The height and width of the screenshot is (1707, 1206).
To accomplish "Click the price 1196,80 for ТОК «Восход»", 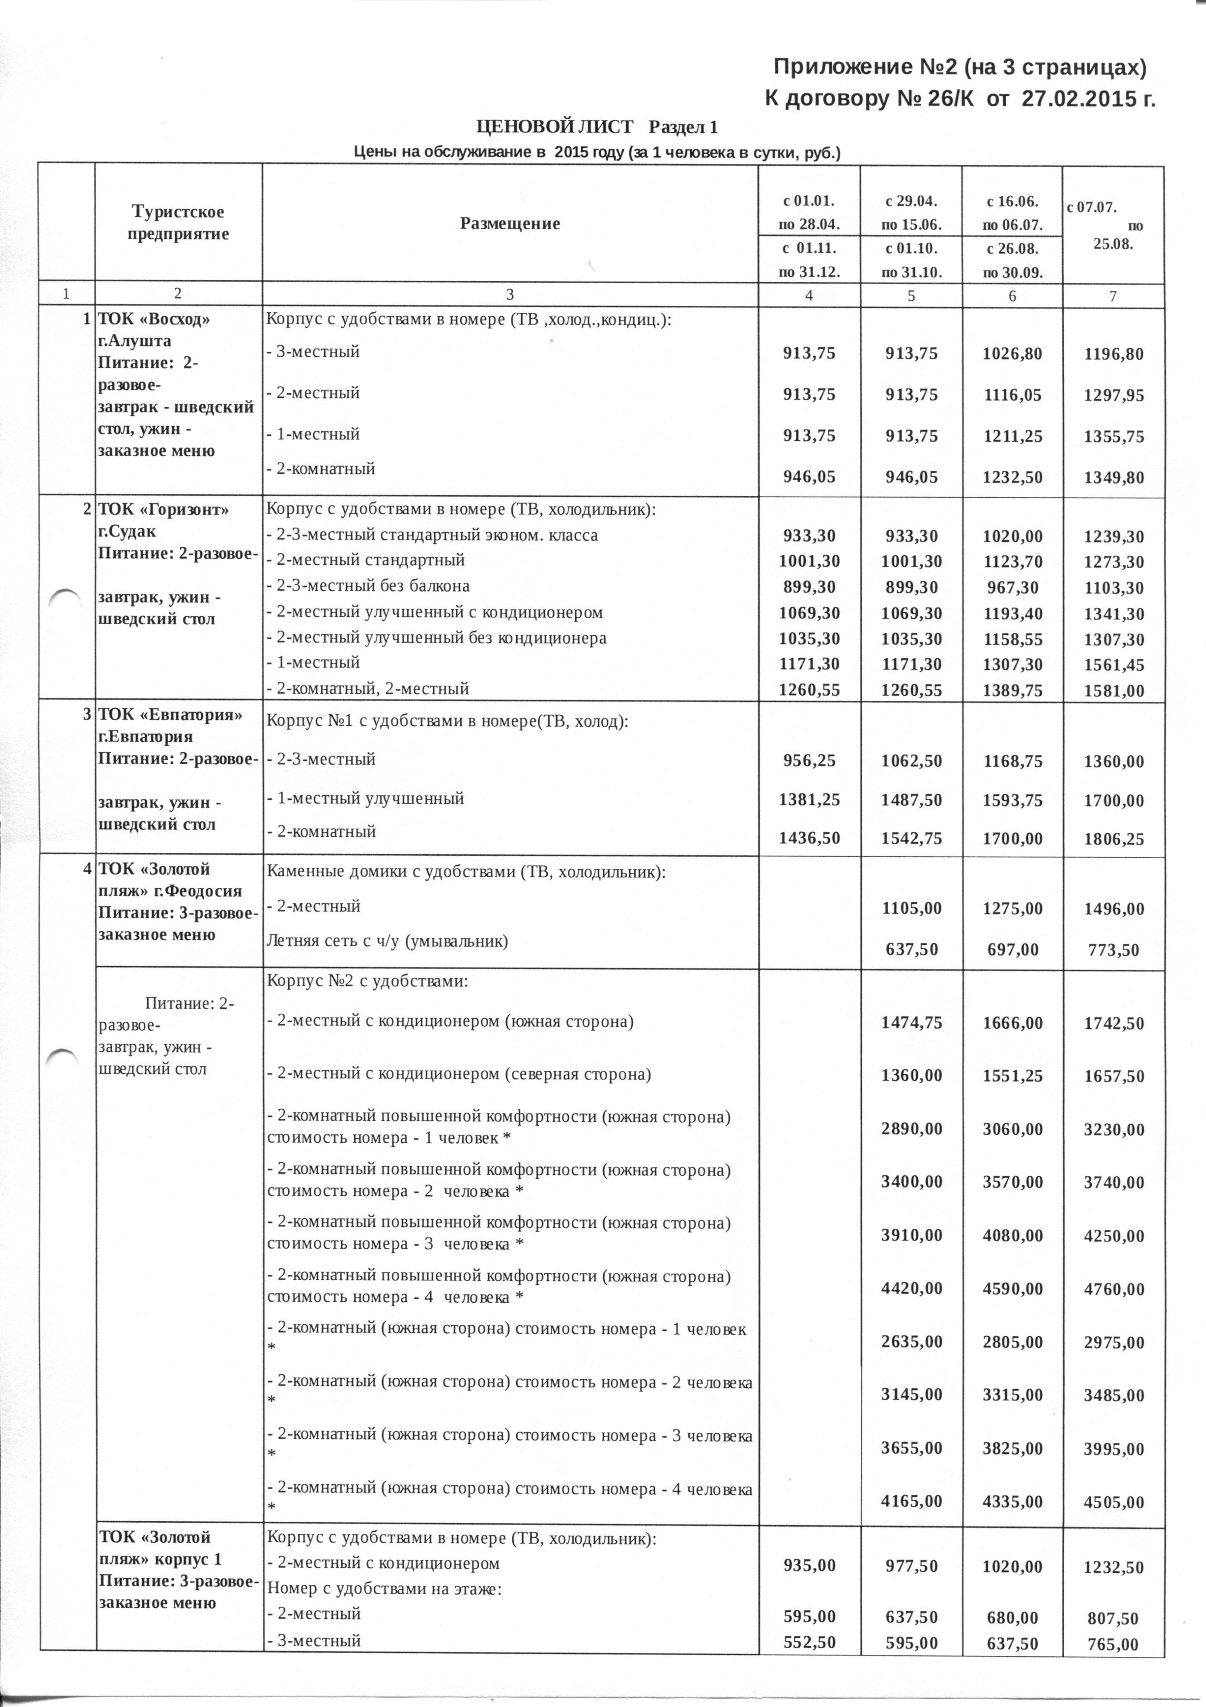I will pos(1112,354).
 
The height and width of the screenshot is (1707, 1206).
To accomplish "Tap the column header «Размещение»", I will pos(510,223).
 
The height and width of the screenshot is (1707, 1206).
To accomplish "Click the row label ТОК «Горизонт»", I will pos(164,510).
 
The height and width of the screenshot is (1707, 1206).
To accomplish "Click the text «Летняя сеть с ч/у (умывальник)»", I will pos(387,941).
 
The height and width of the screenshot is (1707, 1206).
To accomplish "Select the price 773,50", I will pos(1112,950).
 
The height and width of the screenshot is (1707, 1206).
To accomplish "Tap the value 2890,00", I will pos(911,1130).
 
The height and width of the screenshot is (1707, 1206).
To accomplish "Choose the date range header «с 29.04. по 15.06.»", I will pos(911,212).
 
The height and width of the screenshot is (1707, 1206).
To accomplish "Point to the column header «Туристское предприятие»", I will pos(178,222).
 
